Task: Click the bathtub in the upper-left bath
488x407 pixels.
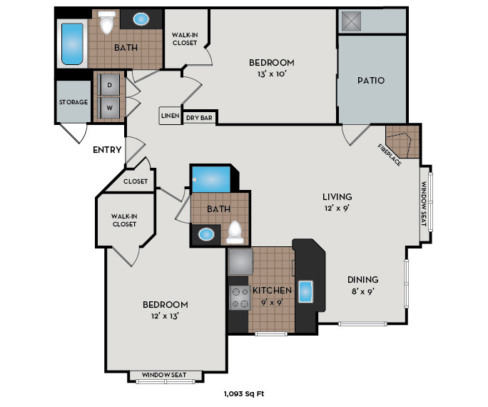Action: (x=73, y=44)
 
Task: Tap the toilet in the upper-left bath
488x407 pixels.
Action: (x=107, y=24)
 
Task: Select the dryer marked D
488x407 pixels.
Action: (x=110, y=85)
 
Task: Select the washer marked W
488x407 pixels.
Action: (x=110, y=109)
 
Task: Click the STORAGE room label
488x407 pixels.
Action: (x=73, y=102)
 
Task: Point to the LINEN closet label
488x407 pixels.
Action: (x=170, y=116)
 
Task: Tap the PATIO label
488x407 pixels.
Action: (x=371, y=80)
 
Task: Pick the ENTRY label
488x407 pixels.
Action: (x=106, y=150)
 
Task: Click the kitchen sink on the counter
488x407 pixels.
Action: (x=307, y=293)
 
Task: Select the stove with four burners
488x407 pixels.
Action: (x=240, y=297)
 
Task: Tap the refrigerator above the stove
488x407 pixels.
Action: (x=239, y=262)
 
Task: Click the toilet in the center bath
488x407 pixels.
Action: (x=235, y=231)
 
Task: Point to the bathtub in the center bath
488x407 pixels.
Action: (x=211, y=178)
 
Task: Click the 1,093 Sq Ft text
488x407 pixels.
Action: (x=245, y=393)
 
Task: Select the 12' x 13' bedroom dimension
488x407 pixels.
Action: (x=163, y=316)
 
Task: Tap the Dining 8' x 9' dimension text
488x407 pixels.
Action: (x=362, y=291)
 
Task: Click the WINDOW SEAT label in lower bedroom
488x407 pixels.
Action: (x=163, y=375)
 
